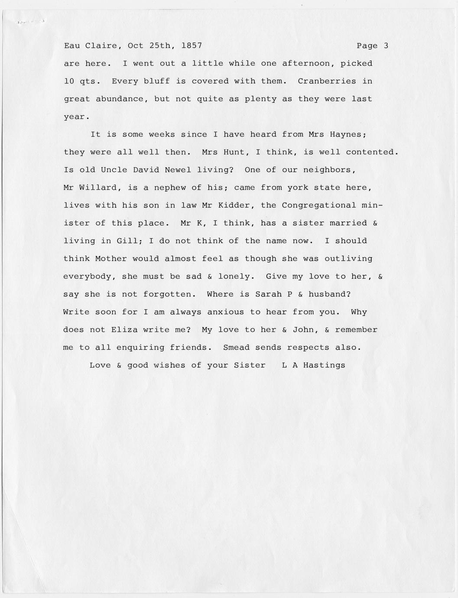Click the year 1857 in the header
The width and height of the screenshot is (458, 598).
192,45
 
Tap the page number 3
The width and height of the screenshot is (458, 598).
386,45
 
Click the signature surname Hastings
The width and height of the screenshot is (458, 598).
324,365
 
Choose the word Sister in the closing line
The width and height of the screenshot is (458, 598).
250,365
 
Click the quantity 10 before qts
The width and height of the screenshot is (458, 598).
69,81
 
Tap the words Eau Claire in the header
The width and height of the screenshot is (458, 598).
90,45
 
